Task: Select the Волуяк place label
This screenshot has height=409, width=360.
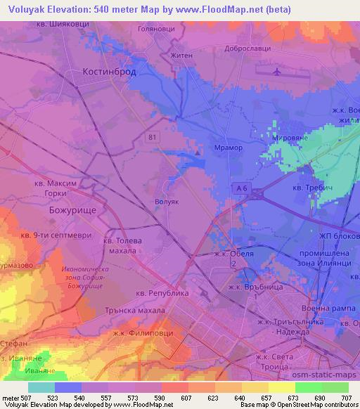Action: click(167, 201)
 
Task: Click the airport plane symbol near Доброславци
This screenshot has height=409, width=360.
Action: click(276, 71)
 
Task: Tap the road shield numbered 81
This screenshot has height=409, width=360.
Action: click(153, 138)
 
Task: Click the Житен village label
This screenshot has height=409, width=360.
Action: click(181, 53)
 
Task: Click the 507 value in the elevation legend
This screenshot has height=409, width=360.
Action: click(23, 398)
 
